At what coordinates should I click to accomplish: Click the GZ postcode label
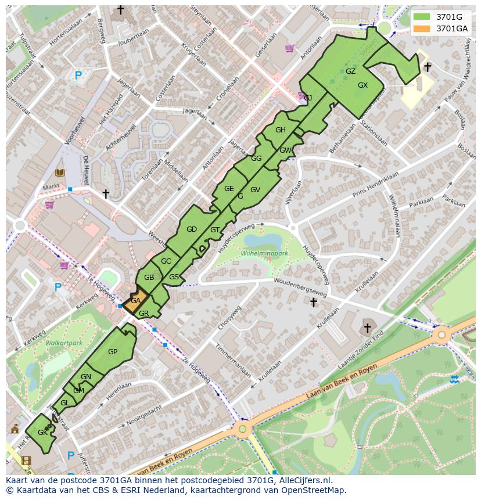[x=350, y=71]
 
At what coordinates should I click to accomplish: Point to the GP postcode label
[x=113, y=352]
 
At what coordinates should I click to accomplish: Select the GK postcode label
[x=42, y=433]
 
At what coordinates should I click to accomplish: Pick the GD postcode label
[x=192, y=229]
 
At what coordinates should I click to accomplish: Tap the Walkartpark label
[x=64, y=343]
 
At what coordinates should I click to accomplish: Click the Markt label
[x=51, y=187]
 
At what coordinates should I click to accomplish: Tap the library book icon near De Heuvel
[x=60, y=172]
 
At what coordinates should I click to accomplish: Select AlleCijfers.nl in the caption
[x=304, y=480]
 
